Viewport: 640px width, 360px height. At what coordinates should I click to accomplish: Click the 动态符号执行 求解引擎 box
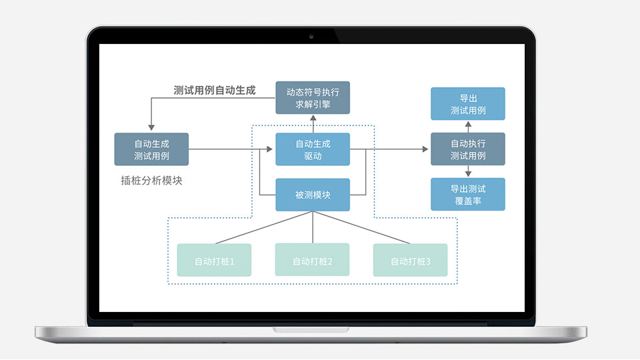pyautogui.click(x=313, y=97)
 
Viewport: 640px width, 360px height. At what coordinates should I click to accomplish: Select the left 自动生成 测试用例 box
pyautogui.click(x=151, y=149)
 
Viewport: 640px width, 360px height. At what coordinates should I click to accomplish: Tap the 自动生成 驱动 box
pyautogui.click(x=313, y=149)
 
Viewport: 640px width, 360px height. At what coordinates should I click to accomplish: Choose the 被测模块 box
pyautogui.click(x=313, y=195)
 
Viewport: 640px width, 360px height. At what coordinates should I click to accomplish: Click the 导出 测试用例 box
pyautogui.click(x=467, y=103)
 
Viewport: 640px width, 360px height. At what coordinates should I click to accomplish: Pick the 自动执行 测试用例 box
pyautogui.click(x=467, y=149)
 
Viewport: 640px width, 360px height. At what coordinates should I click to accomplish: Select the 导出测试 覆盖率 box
pyautogui.click(x=467, y=194)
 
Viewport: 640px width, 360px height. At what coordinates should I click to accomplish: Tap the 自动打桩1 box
pyautogui.click(x=214, y=260)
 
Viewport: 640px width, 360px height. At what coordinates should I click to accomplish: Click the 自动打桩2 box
pyautogui.click(x=313, y=260)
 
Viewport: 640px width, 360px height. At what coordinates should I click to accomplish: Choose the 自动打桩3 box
pyautogui.click(x=410, y=260)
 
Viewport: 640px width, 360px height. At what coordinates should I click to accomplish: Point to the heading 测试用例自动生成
pyautogui.click(x=214, y=90)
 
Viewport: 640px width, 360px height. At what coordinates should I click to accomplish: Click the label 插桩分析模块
pyautogui.click(x=151, y=180)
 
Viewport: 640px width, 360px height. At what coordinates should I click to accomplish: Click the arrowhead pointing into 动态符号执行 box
pyautogui.click(x=313, y=118)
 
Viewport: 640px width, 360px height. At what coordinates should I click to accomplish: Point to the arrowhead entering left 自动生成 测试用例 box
pyautogui.click(x=151, y=127)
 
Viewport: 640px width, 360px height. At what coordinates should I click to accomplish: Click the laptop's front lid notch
pyautogui.click(x=311, y=329)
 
